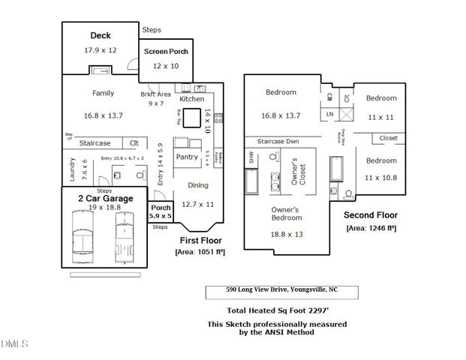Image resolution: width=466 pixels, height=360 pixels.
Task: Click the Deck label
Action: [101, 35]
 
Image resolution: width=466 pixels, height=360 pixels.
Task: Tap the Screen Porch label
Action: [165, 52]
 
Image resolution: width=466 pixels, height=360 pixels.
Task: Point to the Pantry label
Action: [186, 157]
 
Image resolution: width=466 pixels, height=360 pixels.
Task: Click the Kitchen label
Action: [191, 99]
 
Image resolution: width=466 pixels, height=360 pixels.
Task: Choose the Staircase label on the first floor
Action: [95, 142]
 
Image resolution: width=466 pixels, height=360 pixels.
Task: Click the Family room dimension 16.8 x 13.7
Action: [103, 116]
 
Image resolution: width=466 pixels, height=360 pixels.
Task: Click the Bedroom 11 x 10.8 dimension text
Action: [380, 177]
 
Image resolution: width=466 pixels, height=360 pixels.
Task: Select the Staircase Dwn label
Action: [279, 141]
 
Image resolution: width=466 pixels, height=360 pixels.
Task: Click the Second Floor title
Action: [371, 214]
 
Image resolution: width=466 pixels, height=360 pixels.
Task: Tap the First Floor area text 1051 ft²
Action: [200, 252]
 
